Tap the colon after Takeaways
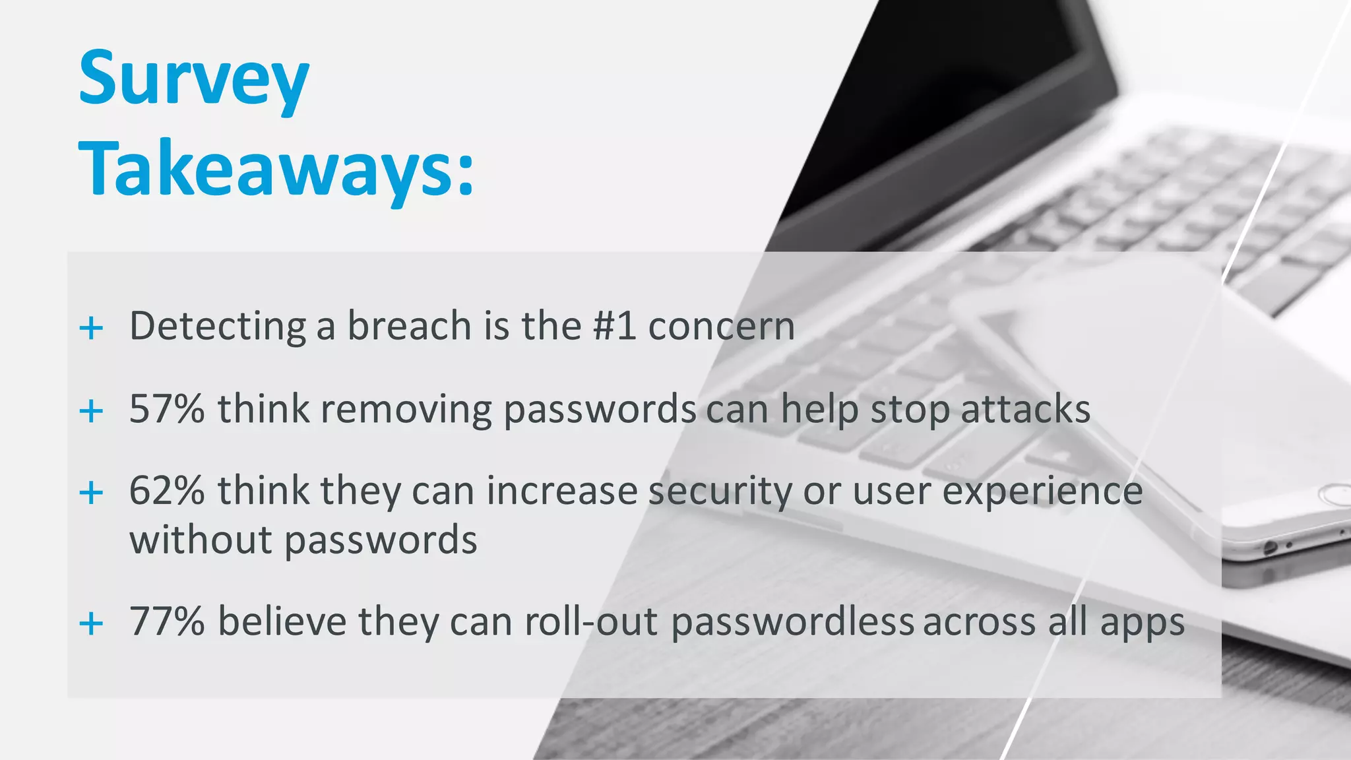click(x=466, y=174)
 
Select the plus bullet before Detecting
click(x=91, y=328)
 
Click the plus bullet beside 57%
click(x=91, y=411)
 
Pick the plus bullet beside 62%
click(x=91, y=493)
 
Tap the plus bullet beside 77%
click(x=91, y=623)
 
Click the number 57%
click(x=167, y=409)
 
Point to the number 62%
click(x=167, y=491)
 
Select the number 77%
click(x=167, y=621)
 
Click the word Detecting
click(x=218, y=327)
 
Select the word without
click(x=201, y=540)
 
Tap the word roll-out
click(x=591, y=621)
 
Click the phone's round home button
click(x=1335, y=495)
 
